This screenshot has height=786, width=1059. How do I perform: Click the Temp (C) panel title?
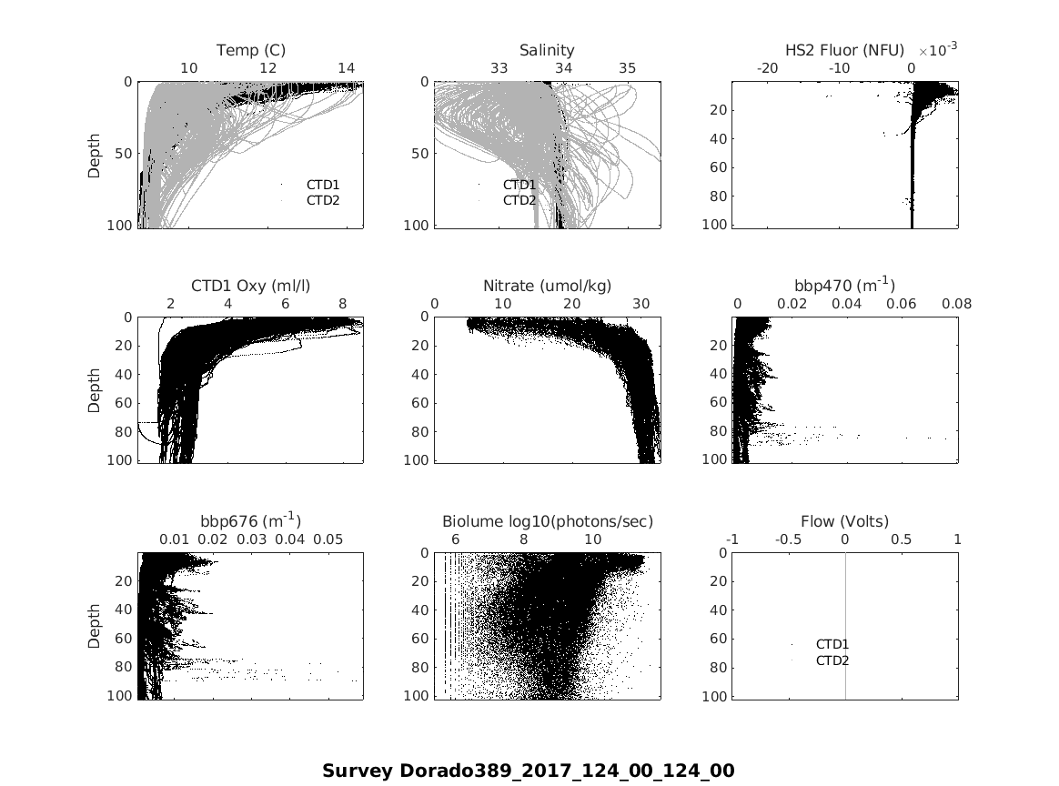(x=250, y=50)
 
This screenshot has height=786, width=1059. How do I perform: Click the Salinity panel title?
(x=547, y=50)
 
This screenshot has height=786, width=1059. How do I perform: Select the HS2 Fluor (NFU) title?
(x=844, y=50)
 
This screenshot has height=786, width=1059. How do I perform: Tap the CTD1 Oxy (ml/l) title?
(x=250, y=286)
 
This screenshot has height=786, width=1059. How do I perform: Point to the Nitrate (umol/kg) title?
(x=547, y=286)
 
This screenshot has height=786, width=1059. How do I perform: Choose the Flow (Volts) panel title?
(x=844, y=521)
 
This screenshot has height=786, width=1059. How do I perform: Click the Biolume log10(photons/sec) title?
(x=547, y=521)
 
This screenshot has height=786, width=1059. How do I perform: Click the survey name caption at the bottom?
(x=528, y=771)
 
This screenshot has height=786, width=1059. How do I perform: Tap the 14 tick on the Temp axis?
(x=346, y=68)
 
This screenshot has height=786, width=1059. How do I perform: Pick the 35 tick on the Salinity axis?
(x=628, y=68)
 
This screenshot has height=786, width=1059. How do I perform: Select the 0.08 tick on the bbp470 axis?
(x=957, y=304)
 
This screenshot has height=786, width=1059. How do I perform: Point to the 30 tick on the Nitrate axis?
(x=640, y=304)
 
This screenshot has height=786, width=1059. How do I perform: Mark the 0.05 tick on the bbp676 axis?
(x=328, y=539)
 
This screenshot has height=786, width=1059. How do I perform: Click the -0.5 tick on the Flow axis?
(x=788, y=539)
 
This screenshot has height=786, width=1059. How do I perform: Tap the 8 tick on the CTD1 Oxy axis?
(x=342, y=304)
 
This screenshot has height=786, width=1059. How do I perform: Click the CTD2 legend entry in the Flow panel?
(x=832, y=660)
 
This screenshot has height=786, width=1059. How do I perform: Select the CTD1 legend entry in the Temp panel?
(x=322, y=185)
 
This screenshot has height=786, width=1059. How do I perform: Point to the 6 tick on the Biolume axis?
(x=455, y=539)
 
